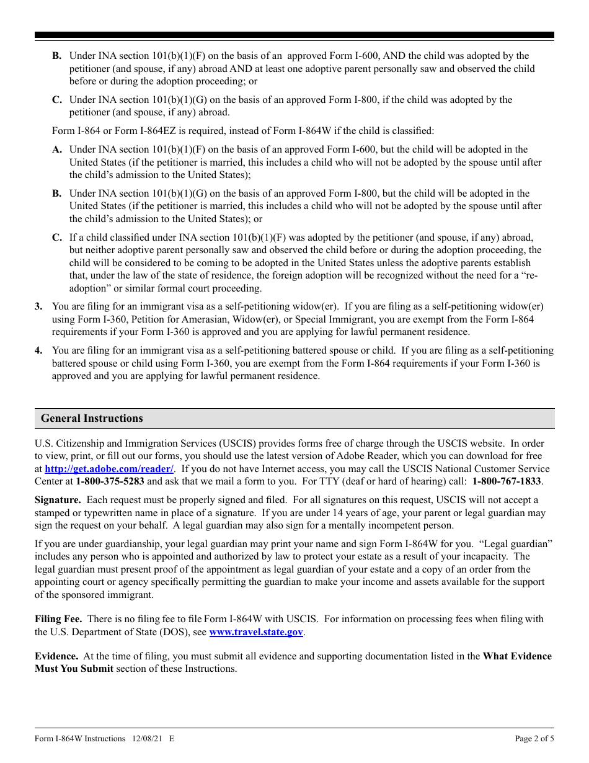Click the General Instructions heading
92,418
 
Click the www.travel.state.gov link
256,632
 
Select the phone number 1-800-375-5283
110,481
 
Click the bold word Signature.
58,500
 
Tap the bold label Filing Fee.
58,619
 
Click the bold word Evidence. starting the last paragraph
56,656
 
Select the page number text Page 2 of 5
534,739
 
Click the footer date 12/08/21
148,739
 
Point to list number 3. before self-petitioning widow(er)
38,306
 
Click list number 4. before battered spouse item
38,350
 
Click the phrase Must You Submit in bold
74,669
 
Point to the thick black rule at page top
294,35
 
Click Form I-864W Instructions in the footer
80,739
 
